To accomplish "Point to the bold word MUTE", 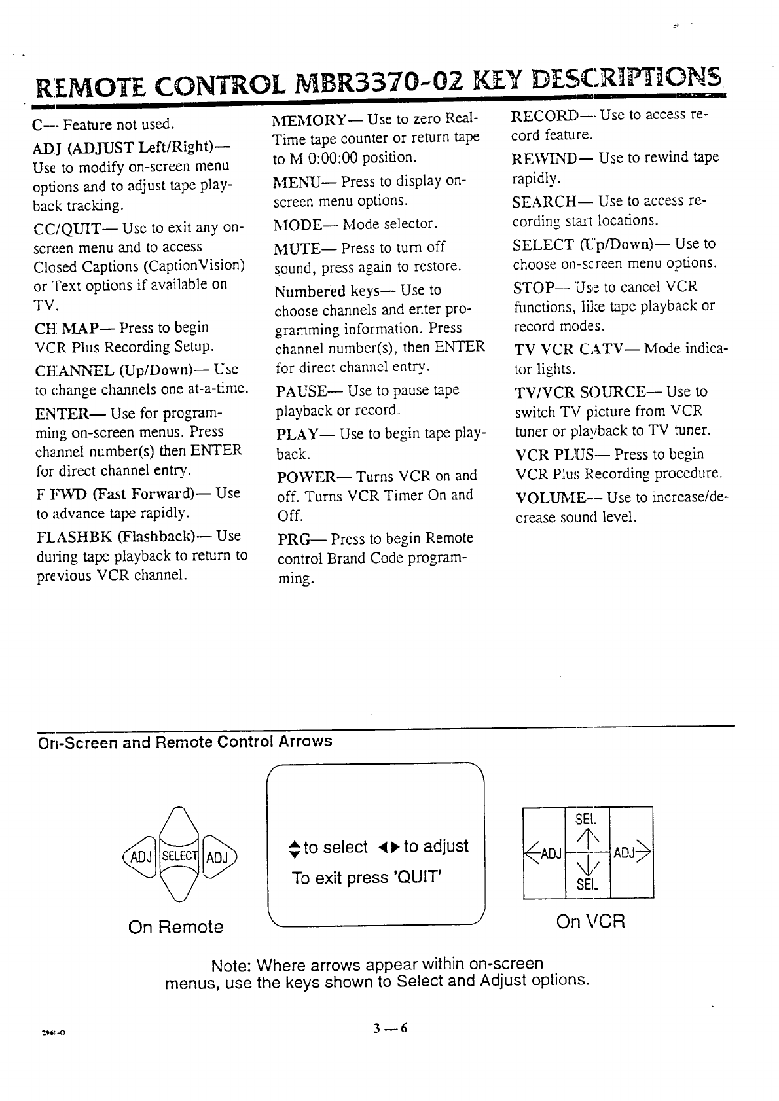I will (297, 248).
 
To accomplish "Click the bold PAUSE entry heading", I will (301, 391).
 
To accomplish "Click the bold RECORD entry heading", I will (545, 116).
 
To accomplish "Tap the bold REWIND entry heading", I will (544, 158).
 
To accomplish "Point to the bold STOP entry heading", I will (533, 287).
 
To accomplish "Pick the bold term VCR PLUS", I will (554, 454).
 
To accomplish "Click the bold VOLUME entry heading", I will (550, 497).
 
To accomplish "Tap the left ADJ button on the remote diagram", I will (141, 857).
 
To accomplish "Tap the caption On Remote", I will (175, 927).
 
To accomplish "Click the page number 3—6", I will (390, 1028).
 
